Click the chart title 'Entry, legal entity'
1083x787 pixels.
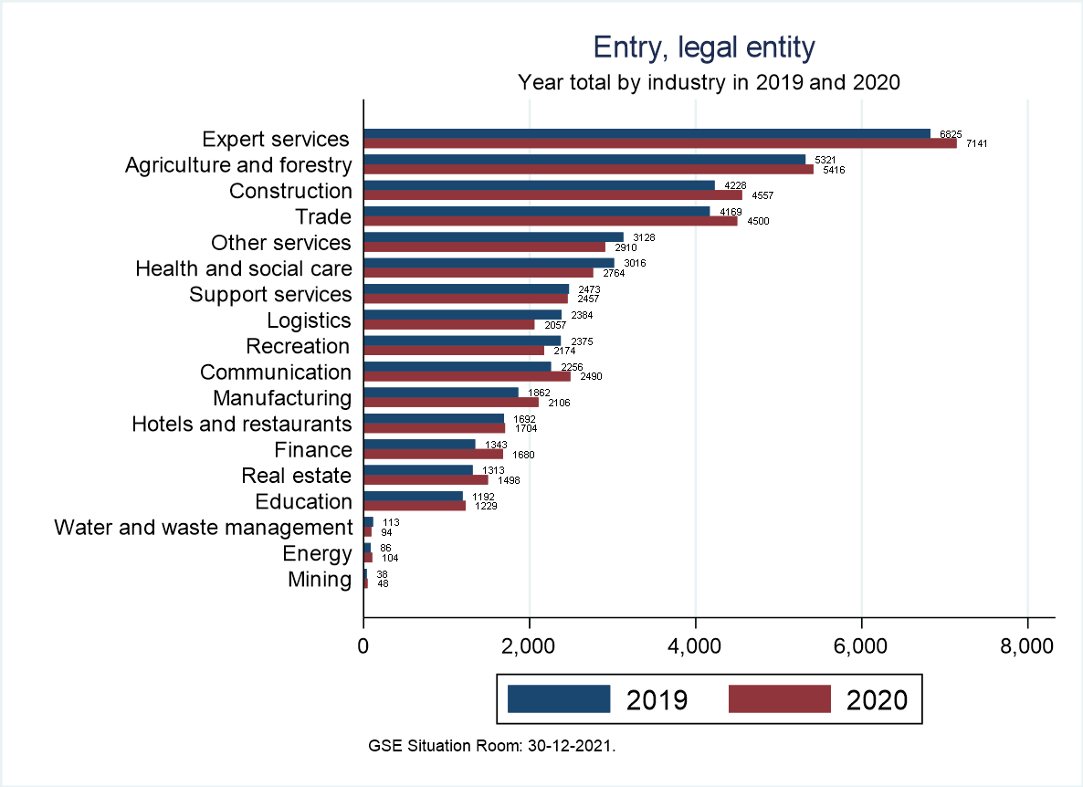704,47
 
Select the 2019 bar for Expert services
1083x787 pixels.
647,133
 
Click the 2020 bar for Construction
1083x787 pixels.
552,194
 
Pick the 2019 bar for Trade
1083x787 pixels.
536,211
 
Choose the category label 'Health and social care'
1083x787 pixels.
243,268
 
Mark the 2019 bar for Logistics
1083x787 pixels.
462,315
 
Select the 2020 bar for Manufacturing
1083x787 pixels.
451,402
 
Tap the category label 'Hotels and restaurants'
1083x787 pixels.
241,424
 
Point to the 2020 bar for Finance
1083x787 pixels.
433,454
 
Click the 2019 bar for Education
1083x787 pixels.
413,496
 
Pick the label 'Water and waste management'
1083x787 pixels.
203,527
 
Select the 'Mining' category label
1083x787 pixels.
320,579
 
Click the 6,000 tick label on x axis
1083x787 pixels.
861,646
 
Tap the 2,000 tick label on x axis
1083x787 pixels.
529,646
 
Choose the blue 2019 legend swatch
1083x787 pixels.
558,698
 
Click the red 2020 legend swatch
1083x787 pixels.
780,698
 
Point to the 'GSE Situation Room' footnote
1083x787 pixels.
492,746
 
